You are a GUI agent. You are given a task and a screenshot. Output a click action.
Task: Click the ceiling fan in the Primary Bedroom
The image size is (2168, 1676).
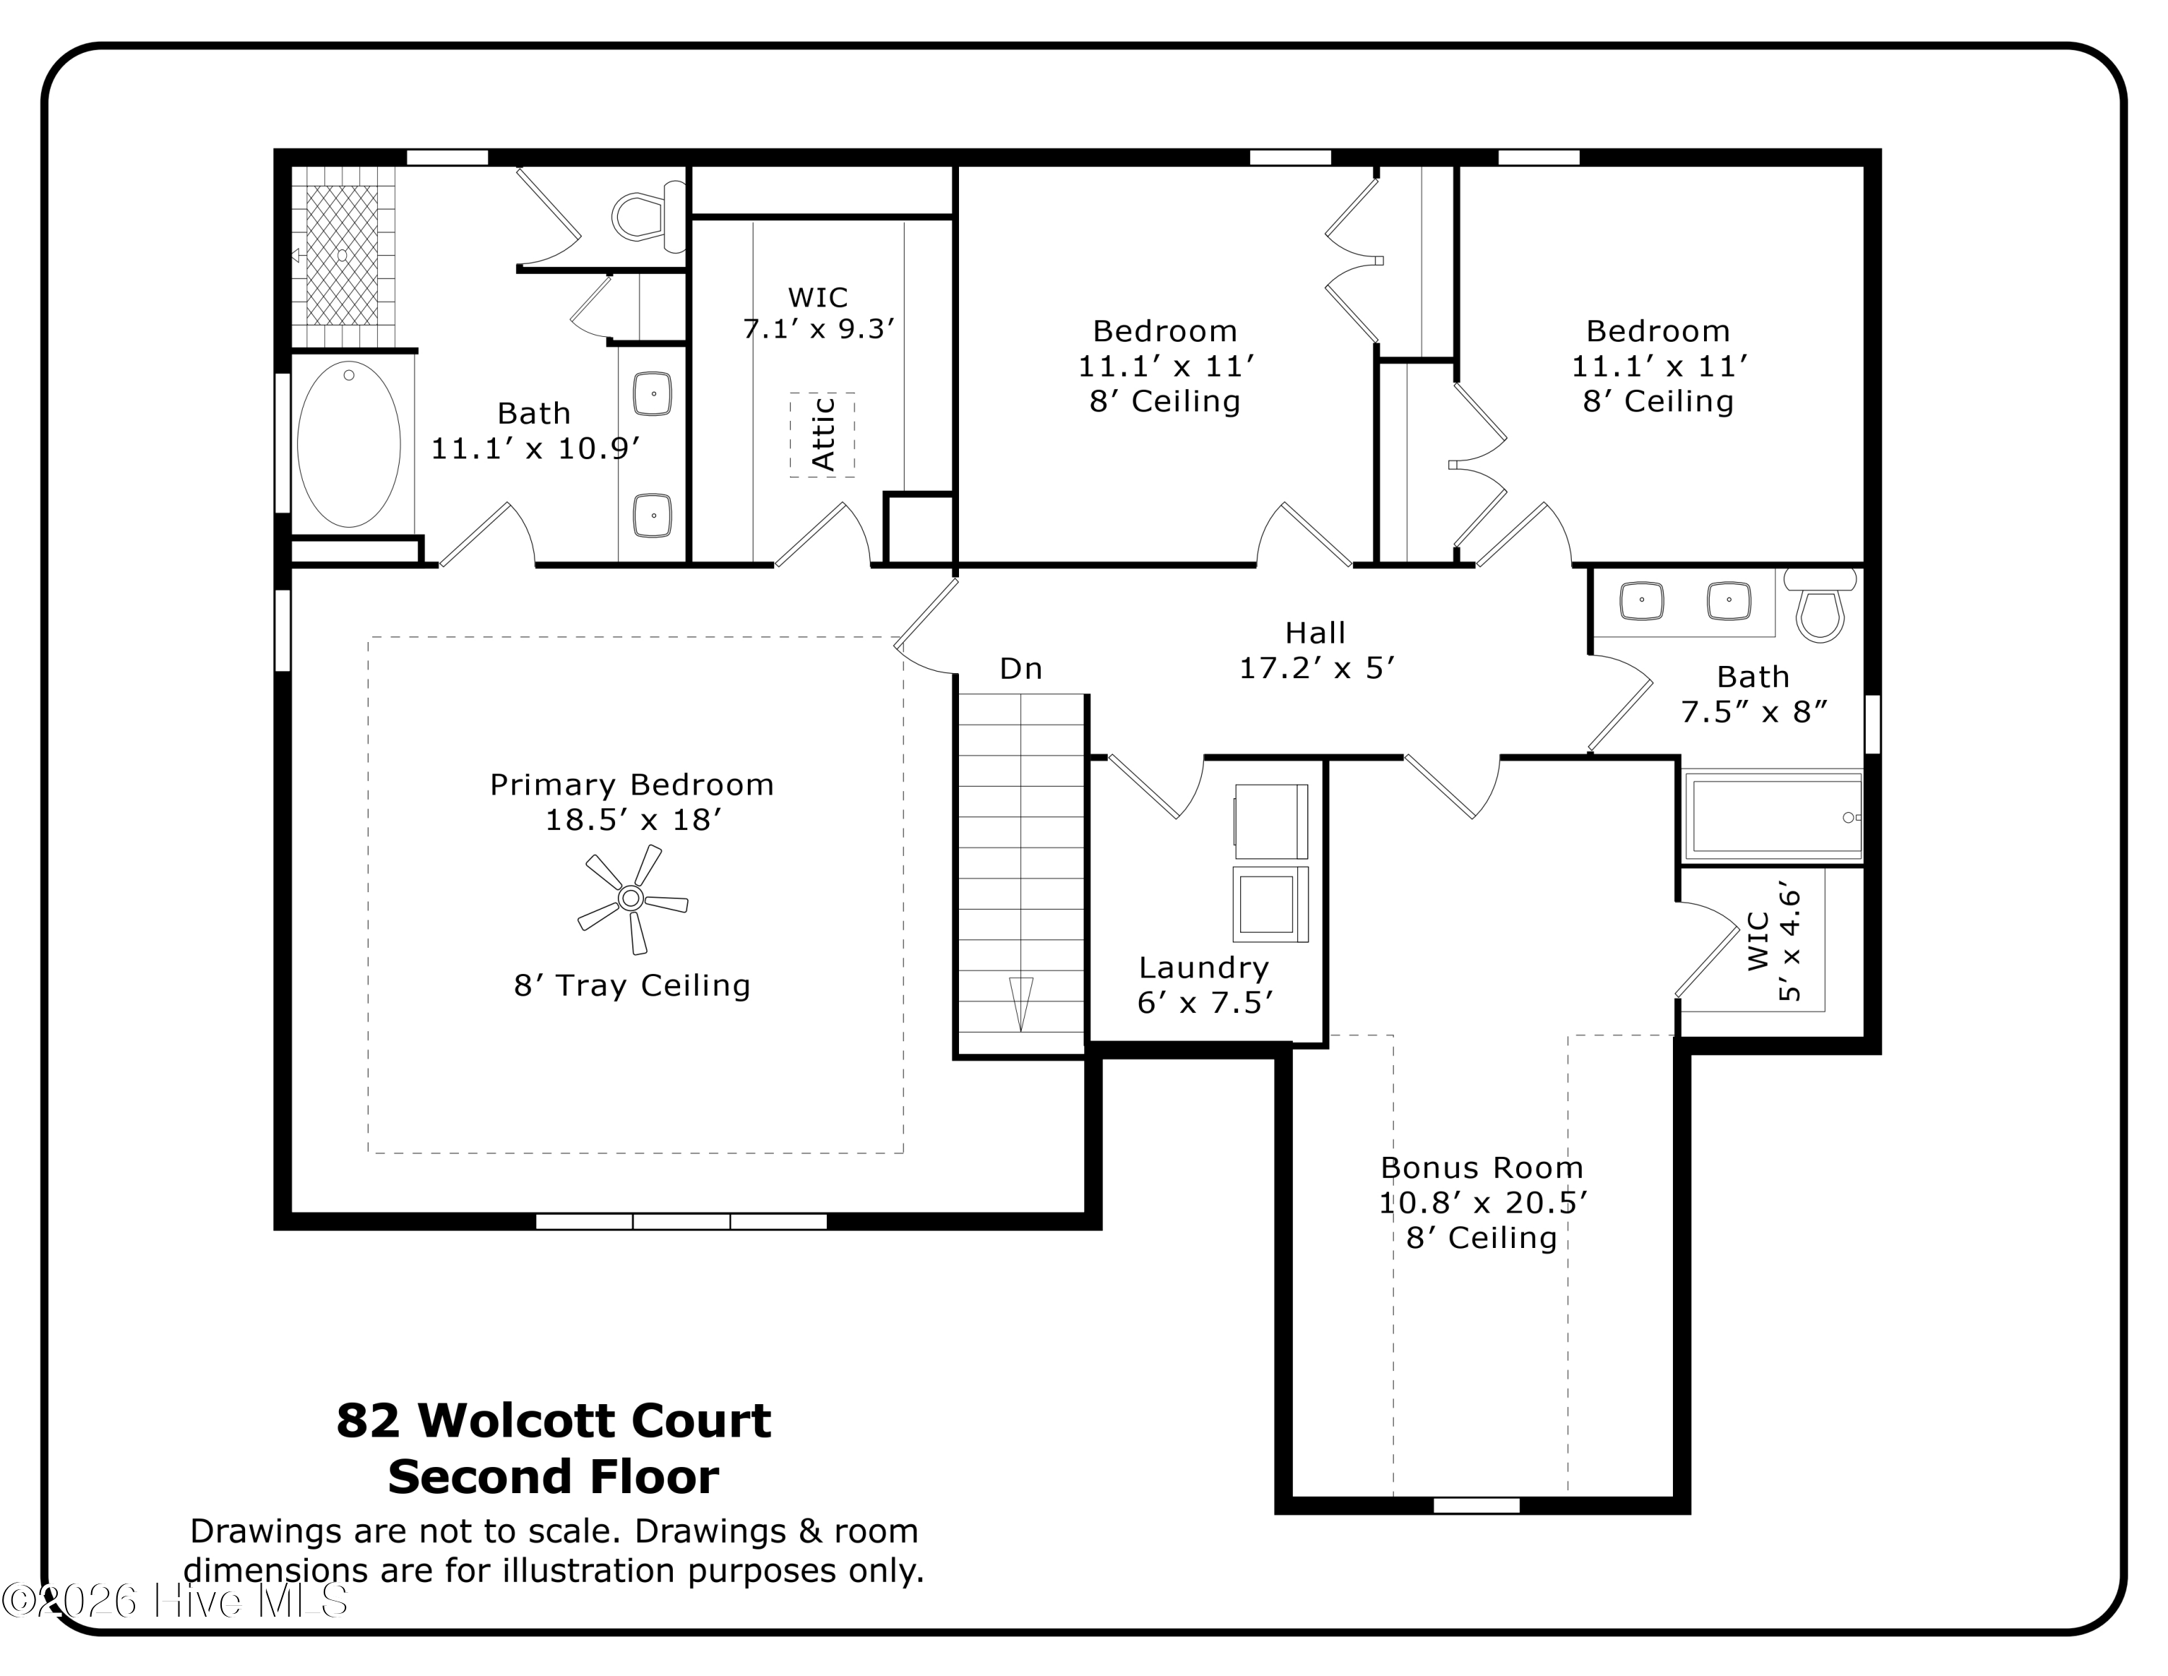point(632,899)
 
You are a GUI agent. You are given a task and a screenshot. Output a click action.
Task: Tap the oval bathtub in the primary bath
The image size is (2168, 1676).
point(348,444)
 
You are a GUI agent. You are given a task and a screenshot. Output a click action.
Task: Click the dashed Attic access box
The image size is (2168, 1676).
point(822,435)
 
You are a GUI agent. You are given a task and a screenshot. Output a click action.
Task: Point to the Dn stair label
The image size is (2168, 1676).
point(1020,668)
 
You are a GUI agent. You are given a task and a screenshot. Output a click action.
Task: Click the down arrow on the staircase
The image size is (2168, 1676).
point(1020,1004)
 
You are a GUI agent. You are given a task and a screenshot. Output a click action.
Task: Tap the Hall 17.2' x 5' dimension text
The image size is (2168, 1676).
point(1316,668)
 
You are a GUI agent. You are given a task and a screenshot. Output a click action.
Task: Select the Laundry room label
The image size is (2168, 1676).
point(1204,967)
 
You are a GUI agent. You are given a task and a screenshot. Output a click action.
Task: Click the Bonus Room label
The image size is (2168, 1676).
point(1482,1167)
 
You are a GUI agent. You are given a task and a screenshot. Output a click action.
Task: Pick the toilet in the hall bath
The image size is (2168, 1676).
point(1820,604)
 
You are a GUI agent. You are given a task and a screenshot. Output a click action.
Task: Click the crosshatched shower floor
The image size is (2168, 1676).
point(342,255)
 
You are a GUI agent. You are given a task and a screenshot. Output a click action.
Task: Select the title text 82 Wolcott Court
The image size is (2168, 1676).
point(553,1420)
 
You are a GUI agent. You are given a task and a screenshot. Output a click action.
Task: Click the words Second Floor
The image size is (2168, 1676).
point(553,1476)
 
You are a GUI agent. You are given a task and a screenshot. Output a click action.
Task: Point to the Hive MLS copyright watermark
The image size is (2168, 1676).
point(175,1601)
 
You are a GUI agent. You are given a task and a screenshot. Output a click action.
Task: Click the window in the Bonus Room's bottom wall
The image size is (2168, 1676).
point(1476,1506)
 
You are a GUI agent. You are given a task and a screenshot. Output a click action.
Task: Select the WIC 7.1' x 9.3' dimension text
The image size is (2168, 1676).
point(819,329)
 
